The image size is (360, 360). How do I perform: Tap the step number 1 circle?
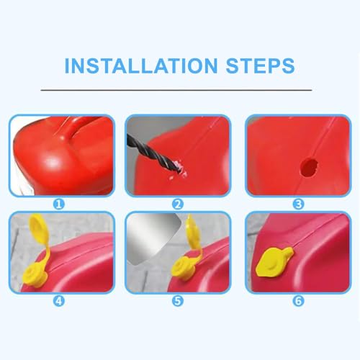pyautogui.click(x=60, y=204)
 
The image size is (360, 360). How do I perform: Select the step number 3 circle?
pyautogui.click(x=297, y=204)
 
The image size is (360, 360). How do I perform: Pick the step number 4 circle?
pyautogui.click(x=60, y=299)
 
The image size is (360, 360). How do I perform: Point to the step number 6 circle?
pyautogui.click(x=297, y=299)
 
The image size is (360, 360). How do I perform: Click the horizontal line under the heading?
pyautogui.click(x=179, y=90)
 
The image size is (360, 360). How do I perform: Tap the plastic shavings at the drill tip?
pyautogui.click(x=173, y=174)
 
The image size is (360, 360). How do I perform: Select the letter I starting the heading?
pyautogui.click(x=68, y=66)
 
